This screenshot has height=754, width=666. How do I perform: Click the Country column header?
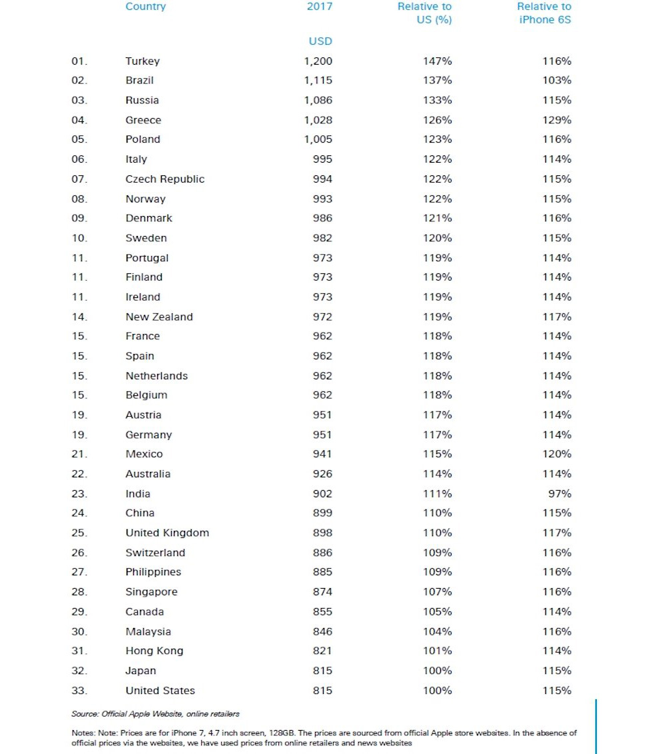pyautogui.click(x=145, y=7)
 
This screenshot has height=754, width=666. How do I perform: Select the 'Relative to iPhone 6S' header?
pyautogui.click(x=543, y=13)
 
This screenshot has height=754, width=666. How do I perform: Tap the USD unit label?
pyautogui.click(x=320, y=41)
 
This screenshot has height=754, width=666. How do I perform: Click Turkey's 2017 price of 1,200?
pyautogui.click(x=318, y=61)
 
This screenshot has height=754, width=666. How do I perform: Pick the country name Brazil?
pyautogui.click(x=139, y=81)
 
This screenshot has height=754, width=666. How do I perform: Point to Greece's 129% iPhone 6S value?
pyautogui.click(x=556, y=120)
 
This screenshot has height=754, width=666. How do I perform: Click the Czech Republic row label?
pyautogui.click(x=165, y=179)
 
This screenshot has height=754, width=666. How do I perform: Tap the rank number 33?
pyautogui.click(x=79, y=691)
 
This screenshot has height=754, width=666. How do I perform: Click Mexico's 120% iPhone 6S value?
pyautogui.click(x=556, y=454)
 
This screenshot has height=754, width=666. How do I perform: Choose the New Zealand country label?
pyautogui.click(x=159, y=317)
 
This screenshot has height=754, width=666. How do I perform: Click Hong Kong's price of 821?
pyautogui.click(x=322, y=651)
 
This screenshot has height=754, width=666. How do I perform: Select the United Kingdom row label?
pyautogui.click(x=167, y=533)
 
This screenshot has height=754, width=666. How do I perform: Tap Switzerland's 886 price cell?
pyautogui.click(x=322, y=553)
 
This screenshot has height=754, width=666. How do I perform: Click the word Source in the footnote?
pyautogui.click(x=85, y=714)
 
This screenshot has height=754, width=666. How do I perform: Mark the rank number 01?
pyautogui.click(x=79, y=61)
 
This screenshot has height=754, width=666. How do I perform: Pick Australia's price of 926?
pyautogui.click(x=322, y=474)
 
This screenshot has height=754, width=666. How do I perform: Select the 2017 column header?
pyautogui.click(x=320, y=7)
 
